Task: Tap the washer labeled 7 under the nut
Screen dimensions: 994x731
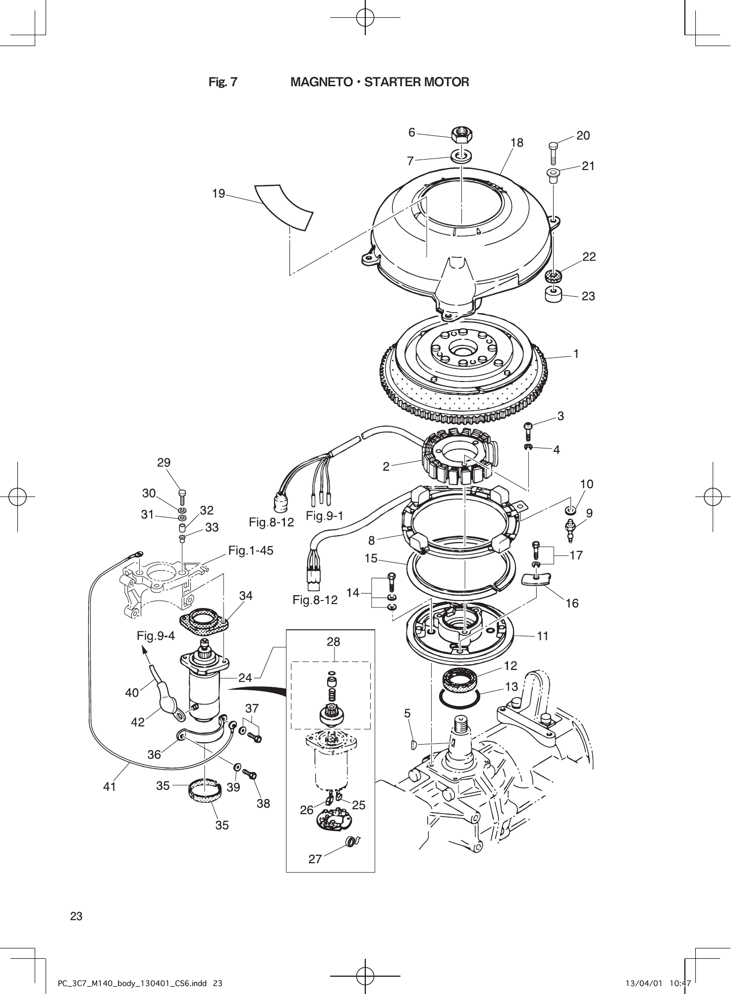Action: (461, 156)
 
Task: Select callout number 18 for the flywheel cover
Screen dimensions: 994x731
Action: (516, 143)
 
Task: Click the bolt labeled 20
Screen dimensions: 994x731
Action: (554, 153)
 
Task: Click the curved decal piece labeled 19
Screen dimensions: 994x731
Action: (284, 207)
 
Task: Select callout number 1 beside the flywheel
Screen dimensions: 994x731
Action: (576, 354)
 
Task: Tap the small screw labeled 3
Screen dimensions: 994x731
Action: (528, 431)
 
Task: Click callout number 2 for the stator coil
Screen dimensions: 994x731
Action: (386, 466)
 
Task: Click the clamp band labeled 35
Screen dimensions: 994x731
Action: (204, 791)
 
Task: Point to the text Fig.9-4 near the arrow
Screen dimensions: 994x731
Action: (156, 636)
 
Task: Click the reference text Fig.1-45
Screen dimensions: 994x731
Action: (251, 551)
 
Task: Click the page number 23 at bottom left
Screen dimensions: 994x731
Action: (76, 916)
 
